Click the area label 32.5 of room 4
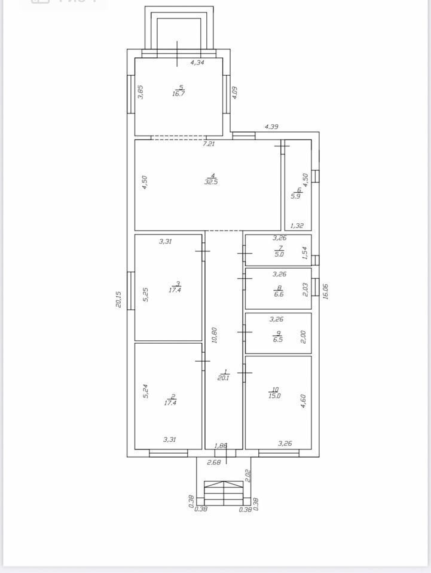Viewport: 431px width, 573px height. click(211, 181)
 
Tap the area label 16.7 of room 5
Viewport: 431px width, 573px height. click(179, 94)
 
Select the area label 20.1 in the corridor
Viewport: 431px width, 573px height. click(223, 378)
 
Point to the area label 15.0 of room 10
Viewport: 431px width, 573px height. click(274, 395)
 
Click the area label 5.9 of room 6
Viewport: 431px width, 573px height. click(296, 196)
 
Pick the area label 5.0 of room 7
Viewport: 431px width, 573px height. click(279, 254)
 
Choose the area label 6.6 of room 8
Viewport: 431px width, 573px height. click(279, 294)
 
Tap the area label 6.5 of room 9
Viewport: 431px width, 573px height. click(278, 340)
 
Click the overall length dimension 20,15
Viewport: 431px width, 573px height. click(118, 299)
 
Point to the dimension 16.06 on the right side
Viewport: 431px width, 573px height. click(326, 291)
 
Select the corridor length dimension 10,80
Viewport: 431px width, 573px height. click(215, 335)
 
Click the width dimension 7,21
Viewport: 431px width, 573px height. click(209, 144)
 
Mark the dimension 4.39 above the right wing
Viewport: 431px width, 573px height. click(271, 127)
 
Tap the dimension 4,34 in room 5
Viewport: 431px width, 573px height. click(197, 63)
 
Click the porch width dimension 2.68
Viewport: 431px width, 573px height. click(214, 462)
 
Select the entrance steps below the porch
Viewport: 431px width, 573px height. click(224, 494)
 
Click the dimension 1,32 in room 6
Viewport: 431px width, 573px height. click(296, 226)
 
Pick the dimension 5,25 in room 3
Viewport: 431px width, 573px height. click(145, 294)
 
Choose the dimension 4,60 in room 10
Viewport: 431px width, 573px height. click(303, 401)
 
